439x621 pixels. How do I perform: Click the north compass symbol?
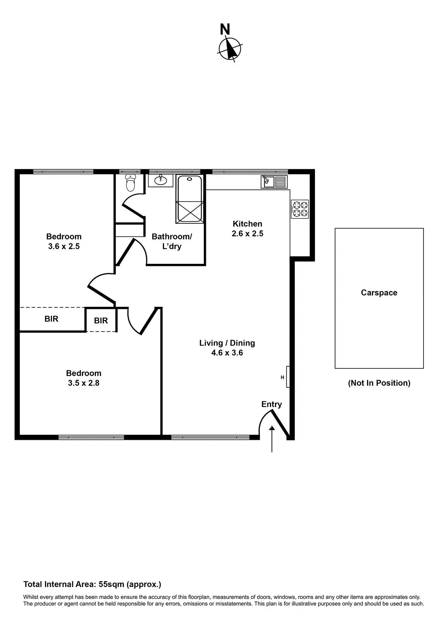tap(230, 49)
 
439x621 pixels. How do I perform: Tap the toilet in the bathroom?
tap(131, 183)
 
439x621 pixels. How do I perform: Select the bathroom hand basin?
tap(161, 180)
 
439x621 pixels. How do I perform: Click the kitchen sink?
tap(274, 182)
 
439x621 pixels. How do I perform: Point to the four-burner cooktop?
tap(300, 209)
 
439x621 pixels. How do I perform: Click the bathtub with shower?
tap(190, 199)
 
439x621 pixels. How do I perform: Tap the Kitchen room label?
tap(247, 224)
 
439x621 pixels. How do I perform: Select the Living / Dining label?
tap(227, 343)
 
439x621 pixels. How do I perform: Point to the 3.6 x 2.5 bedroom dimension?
tap(64, 246)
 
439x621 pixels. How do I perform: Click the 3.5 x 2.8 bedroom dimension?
tap(84, 383)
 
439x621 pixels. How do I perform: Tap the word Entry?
tap(271, 404)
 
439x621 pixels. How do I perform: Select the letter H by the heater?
tap(282, 377)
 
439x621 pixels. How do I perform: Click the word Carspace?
tap(379, 293)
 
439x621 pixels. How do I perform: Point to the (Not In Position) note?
tap(379, 383)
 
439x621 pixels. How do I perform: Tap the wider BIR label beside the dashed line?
tap(52, 319)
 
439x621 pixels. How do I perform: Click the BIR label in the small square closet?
tap(101, 321)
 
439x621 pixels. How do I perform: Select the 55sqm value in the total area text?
tap(111, 585)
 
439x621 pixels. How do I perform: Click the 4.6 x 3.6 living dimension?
tap(227, 353)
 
